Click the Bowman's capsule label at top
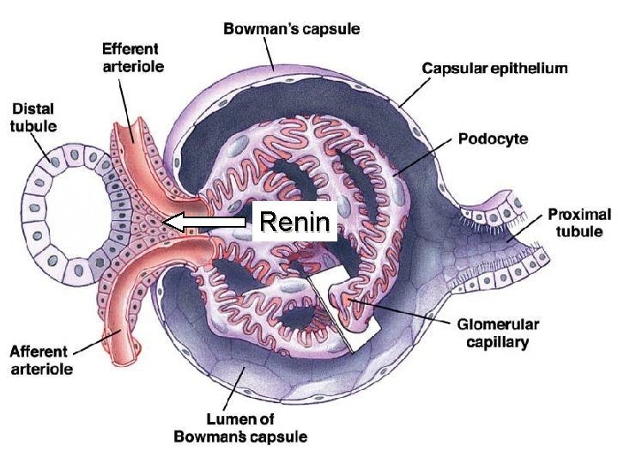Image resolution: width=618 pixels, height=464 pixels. [292, 29]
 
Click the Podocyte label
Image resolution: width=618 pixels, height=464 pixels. [493, 138]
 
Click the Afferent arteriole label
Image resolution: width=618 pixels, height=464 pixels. [41, 360]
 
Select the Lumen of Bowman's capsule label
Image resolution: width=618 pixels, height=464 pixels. [240, 427]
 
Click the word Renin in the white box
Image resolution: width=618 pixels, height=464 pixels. [294, 223]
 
